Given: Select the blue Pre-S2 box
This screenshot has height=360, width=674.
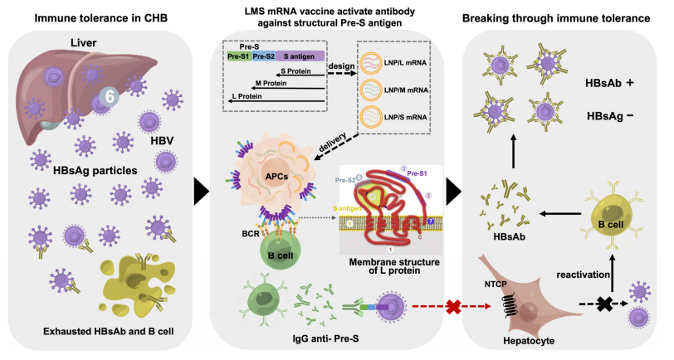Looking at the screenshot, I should tap(266, 56).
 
